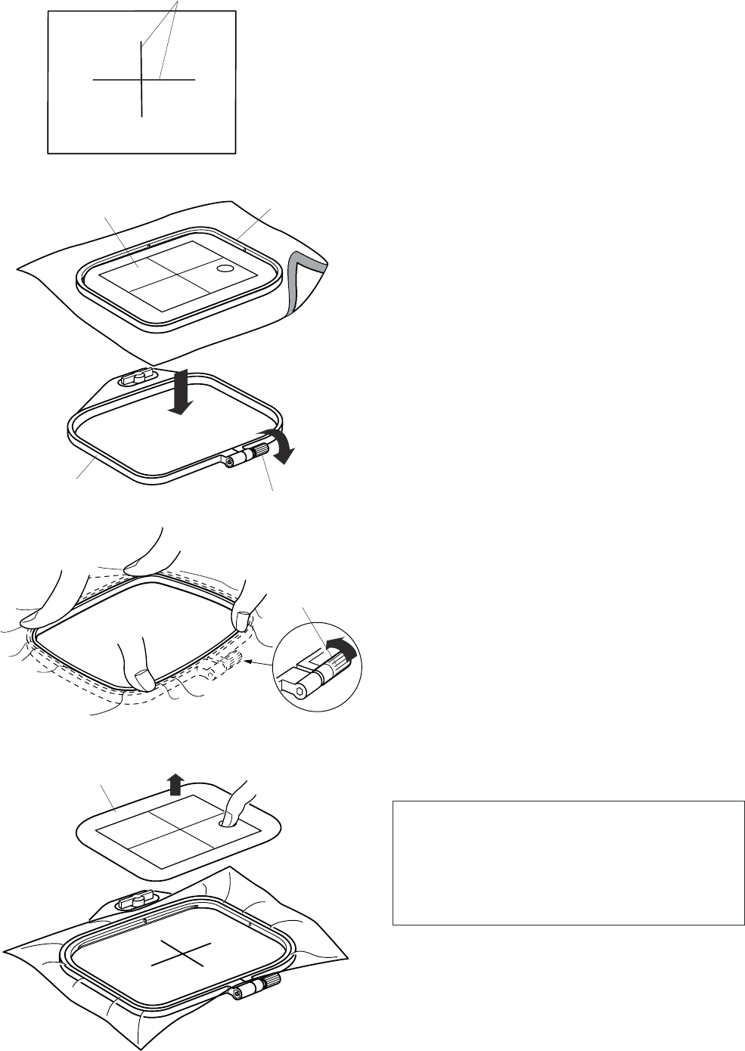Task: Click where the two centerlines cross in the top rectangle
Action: coord(141,79)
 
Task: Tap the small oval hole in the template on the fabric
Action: coord(225,268)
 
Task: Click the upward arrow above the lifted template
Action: coord(175,785)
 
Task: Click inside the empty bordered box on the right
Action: coord(568,863)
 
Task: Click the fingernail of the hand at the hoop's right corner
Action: coord(241,621)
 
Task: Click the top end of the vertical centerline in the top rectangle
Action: coord(141,43)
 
